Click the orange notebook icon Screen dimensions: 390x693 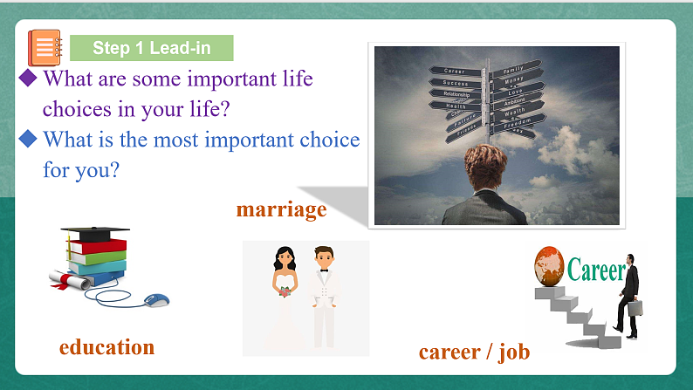(45, 47)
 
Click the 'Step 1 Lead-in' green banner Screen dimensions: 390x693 (151, 48)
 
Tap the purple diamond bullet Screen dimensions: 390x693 (28, 79)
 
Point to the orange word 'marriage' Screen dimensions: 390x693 (281, 209)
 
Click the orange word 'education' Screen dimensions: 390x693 (106, 346)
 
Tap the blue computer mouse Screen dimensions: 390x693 (156, 300)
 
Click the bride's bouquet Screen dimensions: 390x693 (285, 291)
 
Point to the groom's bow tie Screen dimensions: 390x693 (324, 270)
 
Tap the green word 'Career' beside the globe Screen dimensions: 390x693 (596, 270)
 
